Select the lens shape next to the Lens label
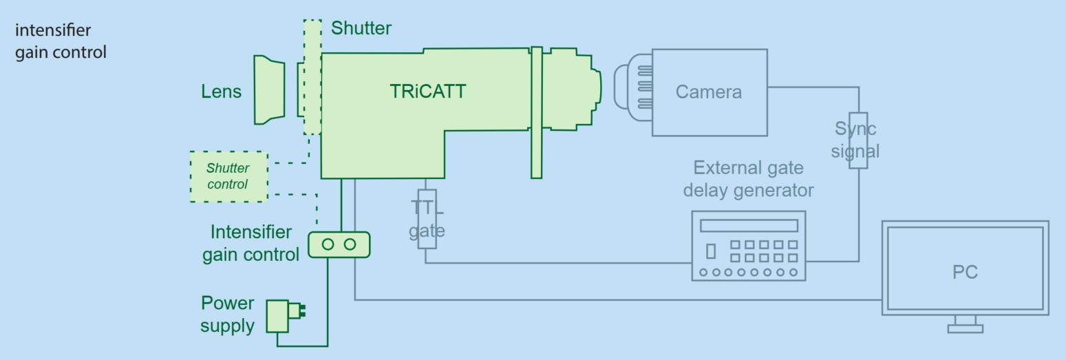(269, 90)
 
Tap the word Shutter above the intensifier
(361, 28)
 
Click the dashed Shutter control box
(228, 176)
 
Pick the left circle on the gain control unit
(328, 244)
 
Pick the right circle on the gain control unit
(350, 244)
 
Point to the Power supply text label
(227, 314)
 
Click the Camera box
(709, 92)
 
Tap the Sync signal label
(855, 140)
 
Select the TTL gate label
(427, 220)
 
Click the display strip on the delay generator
(748, 226)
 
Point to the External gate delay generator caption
(748, 179)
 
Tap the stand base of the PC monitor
(965, 328)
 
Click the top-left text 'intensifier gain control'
(61, 41)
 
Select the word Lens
(221, 91)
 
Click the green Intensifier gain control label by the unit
(251, 243)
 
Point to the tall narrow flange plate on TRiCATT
(537, 112)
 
